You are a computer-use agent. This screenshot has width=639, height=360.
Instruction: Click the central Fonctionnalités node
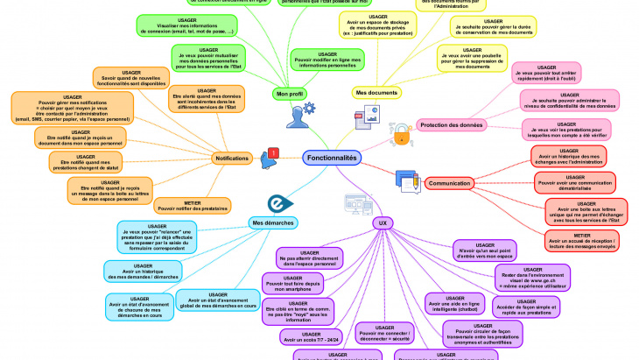pos(332,158)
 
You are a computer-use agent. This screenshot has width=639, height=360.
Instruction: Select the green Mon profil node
pos(290,93)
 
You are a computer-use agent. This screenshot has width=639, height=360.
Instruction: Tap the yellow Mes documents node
pos(378,93)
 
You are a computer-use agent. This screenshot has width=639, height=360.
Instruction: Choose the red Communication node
pos(450,183)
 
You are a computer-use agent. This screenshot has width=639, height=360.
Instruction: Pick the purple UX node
pos(381,223)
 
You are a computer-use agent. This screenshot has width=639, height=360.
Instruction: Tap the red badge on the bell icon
pos(274,153)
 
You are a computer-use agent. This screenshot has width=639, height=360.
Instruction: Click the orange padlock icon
pos(401,133)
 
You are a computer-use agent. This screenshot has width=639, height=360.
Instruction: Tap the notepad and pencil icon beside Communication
pos(407,180)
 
